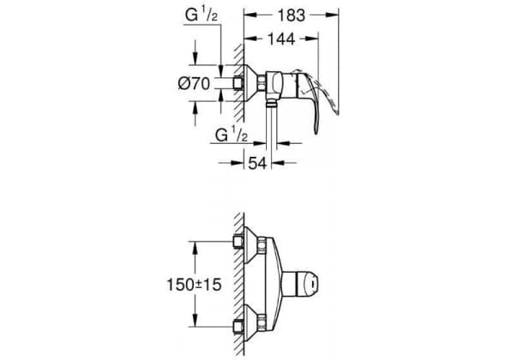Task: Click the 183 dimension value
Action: [291, 15]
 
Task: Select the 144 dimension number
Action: [281, 39]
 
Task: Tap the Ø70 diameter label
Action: [194, 84]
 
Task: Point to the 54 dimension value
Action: [257, 163]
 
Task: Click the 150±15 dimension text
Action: [194, 285]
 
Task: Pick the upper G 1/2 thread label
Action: [201, 15]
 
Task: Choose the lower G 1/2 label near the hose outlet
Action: [232, 135]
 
